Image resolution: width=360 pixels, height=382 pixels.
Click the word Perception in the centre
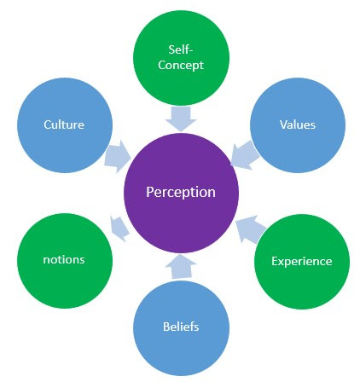coord(180,192)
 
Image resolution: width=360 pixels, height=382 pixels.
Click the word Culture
coord(64,124)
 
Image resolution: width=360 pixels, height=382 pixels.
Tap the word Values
coord(297,124)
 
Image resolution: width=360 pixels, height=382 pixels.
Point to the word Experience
coord(301,261)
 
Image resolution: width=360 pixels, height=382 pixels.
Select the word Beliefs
coord(180,327)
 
